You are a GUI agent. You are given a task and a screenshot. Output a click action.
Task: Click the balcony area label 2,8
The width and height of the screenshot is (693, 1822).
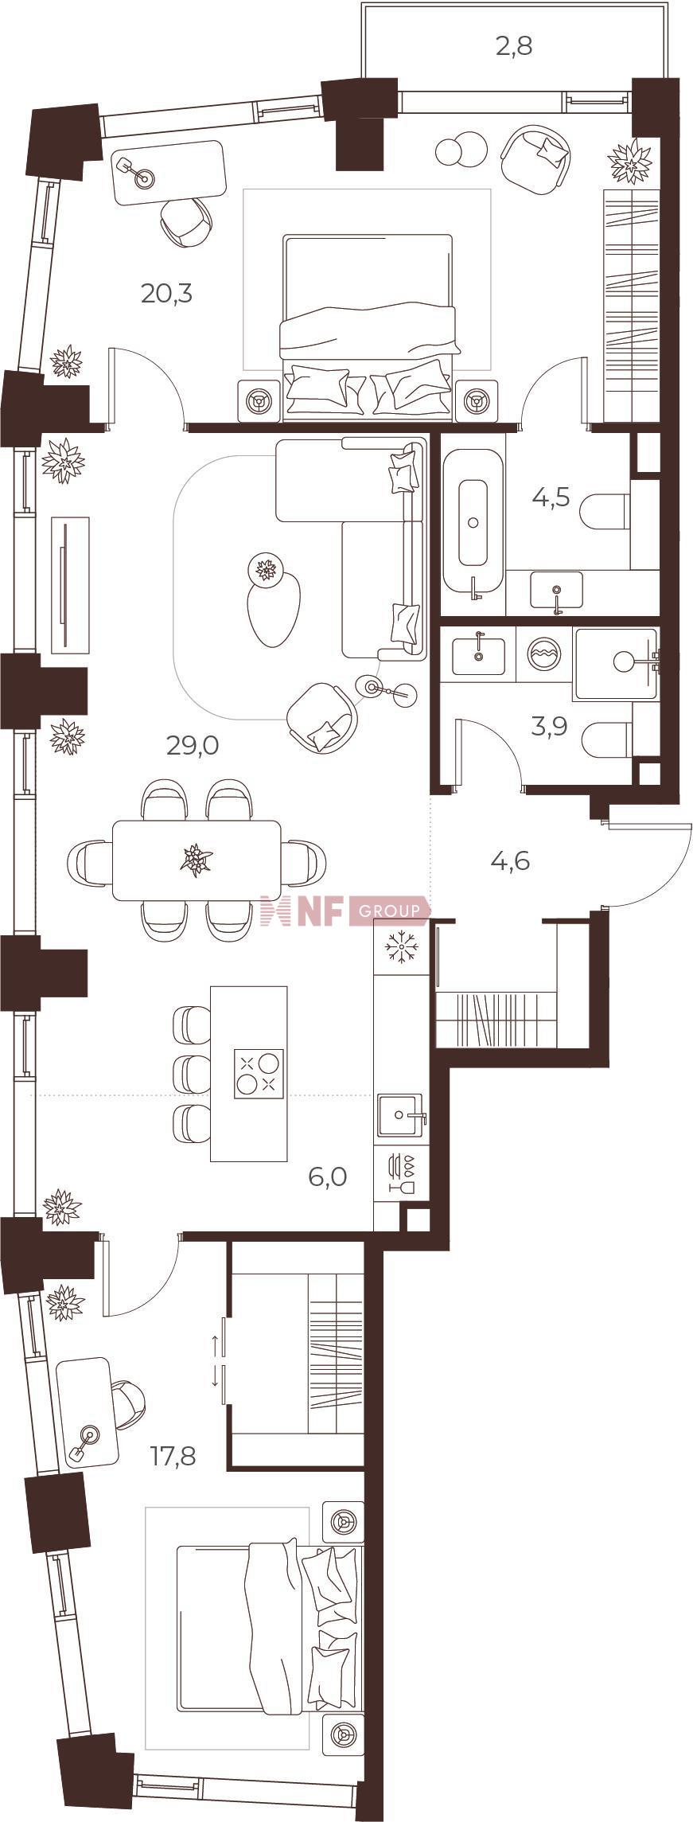(x=514, y=46)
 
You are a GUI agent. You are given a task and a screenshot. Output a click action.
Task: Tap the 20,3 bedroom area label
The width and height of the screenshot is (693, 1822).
(x=166, y=294)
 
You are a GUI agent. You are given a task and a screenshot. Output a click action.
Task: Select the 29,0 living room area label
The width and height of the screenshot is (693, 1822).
(x=192, y=746)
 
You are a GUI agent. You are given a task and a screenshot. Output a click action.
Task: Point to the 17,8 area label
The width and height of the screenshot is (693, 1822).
(x=173, y=1457)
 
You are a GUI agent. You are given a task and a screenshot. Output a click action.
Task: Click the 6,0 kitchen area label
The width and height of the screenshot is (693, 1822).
(x=328, y=1176)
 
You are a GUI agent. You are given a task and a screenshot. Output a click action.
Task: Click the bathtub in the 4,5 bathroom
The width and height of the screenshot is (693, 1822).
(x=473, y=522)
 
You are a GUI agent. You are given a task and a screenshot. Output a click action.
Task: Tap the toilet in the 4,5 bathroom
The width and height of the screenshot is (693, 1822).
(x=605, y=512)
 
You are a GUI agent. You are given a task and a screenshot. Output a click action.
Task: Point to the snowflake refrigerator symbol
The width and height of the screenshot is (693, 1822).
(x=401, y=946)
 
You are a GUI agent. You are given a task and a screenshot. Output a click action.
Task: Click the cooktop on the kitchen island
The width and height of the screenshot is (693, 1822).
(x=259, y=1075)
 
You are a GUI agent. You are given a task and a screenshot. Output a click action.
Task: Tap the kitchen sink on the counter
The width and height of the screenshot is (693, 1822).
(x=401, y=1114)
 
